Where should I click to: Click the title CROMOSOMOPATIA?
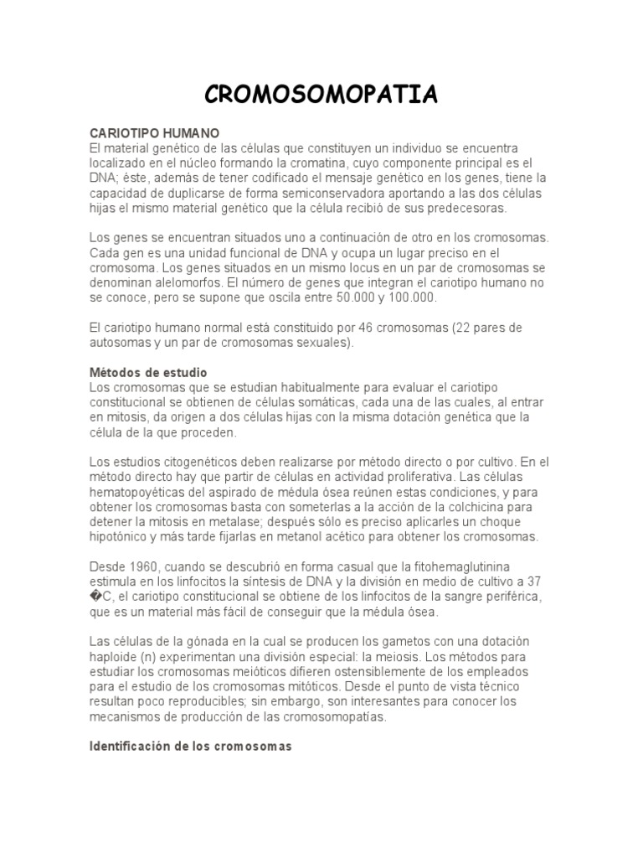point(321,95)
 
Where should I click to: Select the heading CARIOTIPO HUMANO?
point(154,133)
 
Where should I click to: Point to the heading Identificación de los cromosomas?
point(191,746)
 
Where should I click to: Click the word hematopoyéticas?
point(144,491)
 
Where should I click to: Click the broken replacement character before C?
point(95,596)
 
